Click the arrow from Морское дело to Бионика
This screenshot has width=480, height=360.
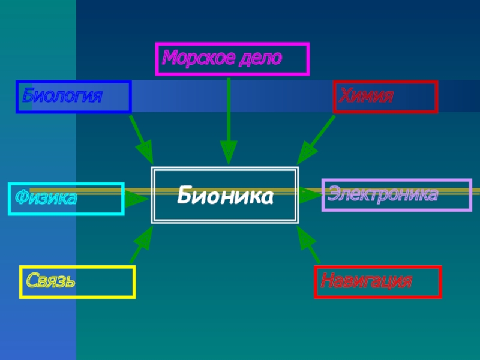point(229,120)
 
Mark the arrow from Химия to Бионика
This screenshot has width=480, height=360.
point(316,140)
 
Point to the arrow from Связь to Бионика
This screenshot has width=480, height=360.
point(142,245)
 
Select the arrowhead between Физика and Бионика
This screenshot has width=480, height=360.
point(137,197)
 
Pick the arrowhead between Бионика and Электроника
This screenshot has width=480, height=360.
point(310,195)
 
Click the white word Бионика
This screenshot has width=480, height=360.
point(225,196)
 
